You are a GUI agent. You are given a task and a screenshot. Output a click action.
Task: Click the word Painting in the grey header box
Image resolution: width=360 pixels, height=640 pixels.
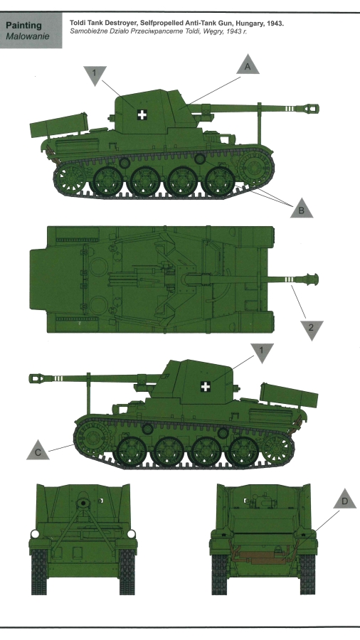pyautogui.click(x=23, y=26)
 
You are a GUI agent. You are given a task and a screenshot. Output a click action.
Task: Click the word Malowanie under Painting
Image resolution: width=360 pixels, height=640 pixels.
pyautogui.click(x=27, y=36)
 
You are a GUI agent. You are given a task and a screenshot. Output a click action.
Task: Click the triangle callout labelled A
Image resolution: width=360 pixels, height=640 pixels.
pyautogui.click(x=248, y=65)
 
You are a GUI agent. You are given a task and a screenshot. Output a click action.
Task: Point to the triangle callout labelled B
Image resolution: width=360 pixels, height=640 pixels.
pyautogui.click(x=302, y=209)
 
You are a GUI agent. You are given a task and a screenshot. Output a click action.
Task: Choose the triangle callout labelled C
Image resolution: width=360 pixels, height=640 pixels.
pyautogui.click(x=38, y=451)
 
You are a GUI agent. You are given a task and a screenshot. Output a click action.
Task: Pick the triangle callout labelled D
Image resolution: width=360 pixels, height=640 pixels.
pyautogui.click(x=344, y=500)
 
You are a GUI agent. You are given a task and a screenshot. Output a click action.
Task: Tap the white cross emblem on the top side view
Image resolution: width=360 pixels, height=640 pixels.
pyautogui.click(x=142, y=114)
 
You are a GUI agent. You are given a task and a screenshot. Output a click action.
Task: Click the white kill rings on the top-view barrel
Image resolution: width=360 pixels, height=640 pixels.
pyautogui.click(x=289, y=279)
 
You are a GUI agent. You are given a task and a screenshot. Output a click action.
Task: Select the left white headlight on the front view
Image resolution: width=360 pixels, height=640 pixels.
pyautogui.click(x=35, y=534)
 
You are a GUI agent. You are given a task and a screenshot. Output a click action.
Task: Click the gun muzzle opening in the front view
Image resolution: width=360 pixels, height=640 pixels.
pyautogui.click(x=84, y=503)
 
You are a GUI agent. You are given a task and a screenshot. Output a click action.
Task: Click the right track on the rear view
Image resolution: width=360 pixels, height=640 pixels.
pyautogui.click(x=307, y=574)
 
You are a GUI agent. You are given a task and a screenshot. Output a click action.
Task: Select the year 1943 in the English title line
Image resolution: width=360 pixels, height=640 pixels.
pyautogui.click(x=275, y=23)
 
